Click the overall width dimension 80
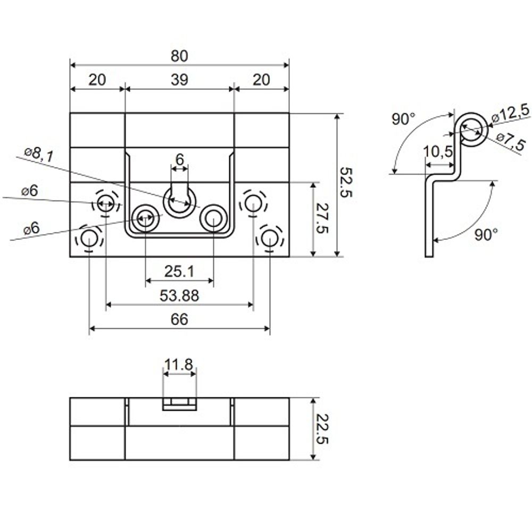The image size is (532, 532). click(x=180, y=55)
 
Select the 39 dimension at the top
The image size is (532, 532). click(x=180, y=80)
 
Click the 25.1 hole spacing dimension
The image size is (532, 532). click(x=179, y=272)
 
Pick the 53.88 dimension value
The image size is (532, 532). click(x=179, y=296)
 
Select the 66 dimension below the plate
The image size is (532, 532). click(x=179, y=320)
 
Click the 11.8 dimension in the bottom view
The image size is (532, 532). click(x=179, y=365)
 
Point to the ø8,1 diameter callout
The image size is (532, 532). click(x=39, y=155)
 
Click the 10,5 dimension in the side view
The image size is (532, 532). click(x=438, y=151)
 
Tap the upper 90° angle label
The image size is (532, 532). click(x=403, y=119)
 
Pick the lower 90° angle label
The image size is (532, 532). click(x=485, y=235)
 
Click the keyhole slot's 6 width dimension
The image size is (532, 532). click(x=179, y=159)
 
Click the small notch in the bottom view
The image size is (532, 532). click(x=179, y=403)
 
